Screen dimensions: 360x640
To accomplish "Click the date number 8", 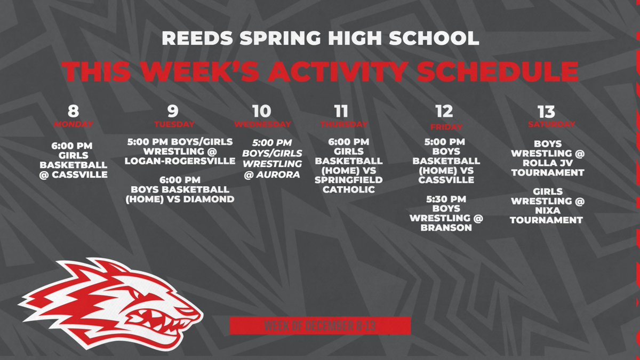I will (x=74, y=111).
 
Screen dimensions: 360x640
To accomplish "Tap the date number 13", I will (x=547, y=111).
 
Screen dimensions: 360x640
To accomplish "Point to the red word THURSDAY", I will (x=344, y=124).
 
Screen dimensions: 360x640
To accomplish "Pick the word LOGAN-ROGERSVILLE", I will (x=181, y=161).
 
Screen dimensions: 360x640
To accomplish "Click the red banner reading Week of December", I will (x=320, y=325).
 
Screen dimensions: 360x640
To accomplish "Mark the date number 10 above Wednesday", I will (x=261, y=111).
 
